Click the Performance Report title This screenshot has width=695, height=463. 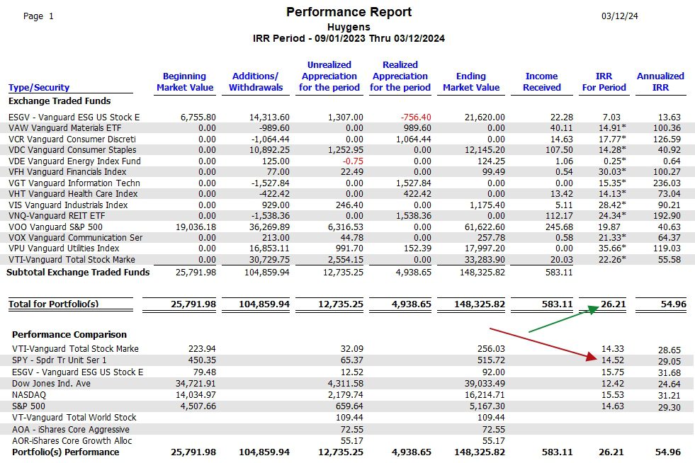tap(349, 12)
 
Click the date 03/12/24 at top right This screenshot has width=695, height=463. tap(620, 16)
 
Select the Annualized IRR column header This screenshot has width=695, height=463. tap(660, 81)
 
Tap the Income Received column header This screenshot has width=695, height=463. tap(542, 81)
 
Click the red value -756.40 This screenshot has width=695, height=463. tap(416, 118)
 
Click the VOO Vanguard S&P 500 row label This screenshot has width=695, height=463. tap(55, 227)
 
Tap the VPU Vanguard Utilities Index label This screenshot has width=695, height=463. tap(64, 248)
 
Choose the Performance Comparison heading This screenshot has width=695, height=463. tap(69, 335)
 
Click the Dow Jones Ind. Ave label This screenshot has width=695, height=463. tap(51, 384)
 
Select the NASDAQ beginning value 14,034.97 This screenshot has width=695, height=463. tap(196, 395)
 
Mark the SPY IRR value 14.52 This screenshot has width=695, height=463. tap(613, 360)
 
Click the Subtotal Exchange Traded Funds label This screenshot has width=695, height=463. tap(78, 273)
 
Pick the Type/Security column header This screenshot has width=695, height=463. tap(39, 88)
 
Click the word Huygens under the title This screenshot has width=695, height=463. tap(349, 27)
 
